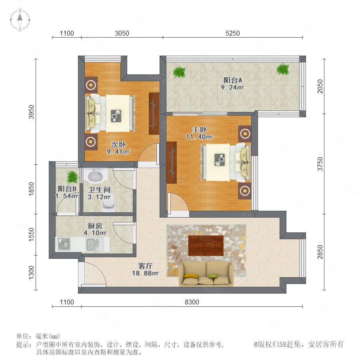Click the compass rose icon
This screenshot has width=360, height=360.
click(20, 20)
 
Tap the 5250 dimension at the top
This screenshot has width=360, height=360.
click(232, 33)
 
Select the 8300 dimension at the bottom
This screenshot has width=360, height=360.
click(192, 302)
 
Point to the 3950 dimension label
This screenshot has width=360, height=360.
click(31, 112)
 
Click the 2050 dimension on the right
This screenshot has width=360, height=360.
click(320, 86)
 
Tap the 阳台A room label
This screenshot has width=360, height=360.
click(233, 80)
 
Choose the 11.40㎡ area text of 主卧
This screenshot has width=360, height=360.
click(199, 137)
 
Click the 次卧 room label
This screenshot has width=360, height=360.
click(118, 145)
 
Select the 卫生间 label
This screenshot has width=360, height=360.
click(100, 190)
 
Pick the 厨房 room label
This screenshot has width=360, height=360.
click(95, 226)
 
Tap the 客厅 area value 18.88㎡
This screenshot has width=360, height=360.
click(145, 273)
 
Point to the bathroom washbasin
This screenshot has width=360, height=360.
click(96, 176)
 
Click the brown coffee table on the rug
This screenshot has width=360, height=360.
click(206, 246)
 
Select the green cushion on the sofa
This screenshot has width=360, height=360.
click(212, 276)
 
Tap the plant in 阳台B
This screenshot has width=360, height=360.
click(72, 177)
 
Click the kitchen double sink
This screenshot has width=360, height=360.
click(93, 244)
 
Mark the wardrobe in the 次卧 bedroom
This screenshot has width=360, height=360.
click(154, 114)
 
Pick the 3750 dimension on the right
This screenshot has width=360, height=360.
click(320, 164)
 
